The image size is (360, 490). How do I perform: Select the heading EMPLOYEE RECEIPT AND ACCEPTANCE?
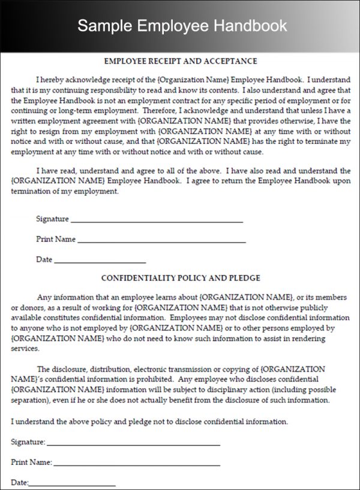(x=181, y=61)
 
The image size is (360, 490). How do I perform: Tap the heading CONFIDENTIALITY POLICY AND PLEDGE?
(x=181, y=278)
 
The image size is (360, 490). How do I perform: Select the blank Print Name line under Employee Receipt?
(x=161, y=240)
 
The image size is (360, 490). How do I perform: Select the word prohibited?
(x=155, y=379)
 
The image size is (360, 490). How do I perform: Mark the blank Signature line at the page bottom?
(x=133, y=443)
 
